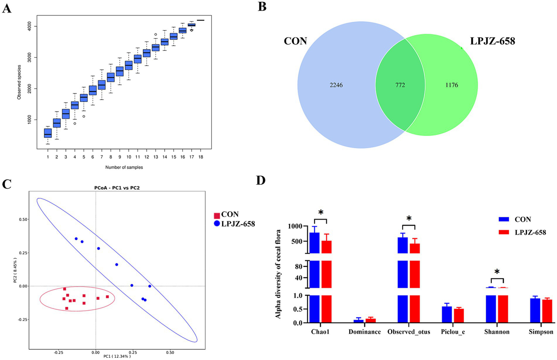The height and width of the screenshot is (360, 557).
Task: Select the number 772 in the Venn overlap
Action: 400,85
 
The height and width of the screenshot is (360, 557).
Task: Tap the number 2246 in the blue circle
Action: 336,85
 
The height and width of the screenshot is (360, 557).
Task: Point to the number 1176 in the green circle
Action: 451,85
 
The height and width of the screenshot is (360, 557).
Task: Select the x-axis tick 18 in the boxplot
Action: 200,157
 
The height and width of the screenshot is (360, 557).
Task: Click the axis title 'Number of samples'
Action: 124,167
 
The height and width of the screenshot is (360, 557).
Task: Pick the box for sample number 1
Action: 48,133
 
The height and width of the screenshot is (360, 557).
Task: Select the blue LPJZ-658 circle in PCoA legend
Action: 217,224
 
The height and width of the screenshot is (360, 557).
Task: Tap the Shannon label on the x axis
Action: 497,332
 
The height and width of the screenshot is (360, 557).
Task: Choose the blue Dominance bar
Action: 359,321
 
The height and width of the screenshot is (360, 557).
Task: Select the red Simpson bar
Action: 547,311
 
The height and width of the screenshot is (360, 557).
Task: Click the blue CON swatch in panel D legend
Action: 504,219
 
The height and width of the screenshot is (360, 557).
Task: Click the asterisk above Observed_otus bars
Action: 409,218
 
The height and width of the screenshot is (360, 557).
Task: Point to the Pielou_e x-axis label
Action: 453,332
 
